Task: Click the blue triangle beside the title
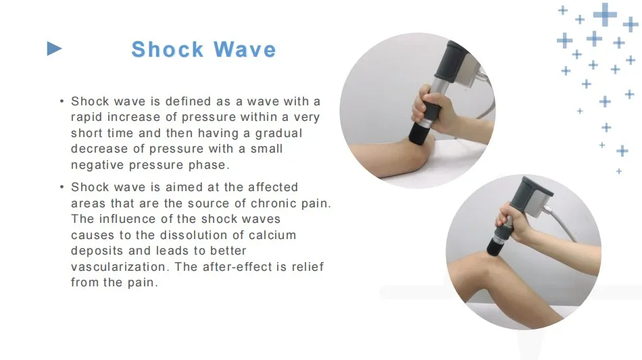(x=54, y=49)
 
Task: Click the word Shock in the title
(x=168, y=49)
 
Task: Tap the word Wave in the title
(x=245, y=49)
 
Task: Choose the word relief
(x=308, y=267)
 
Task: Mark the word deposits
(x=96, y=251)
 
